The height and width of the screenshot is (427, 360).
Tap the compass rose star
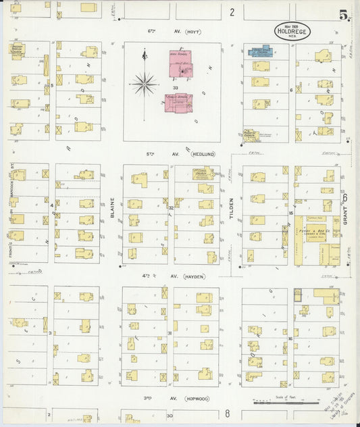pyautogui.click(x=144, y=84)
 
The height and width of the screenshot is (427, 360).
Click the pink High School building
pyautogui.click(x=180, y=62)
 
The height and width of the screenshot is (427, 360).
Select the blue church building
pyautogui.click(x=259, y=51)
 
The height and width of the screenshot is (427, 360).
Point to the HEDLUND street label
pyautogui.click(x=202, y=154)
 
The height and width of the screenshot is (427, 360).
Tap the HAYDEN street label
pyautogui.click(x=192, y=276)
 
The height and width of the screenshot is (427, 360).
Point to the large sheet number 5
pyautogui.click(x=344, y=14)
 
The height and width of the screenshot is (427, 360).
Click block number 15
pyautogui.click(x=291, y=213)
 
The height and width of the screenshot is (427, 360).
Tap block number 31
pyautogui.click(x=170, y=333)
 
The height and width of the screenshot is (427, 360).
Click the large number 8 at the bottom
pyautogui.click(x=228, y=413)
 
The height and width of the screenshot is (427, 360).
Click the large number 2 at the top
pyautogui.click(x=231, y=11)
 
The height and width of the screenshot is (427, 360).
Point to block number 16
pyautogui.click(x=290, y=338)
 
